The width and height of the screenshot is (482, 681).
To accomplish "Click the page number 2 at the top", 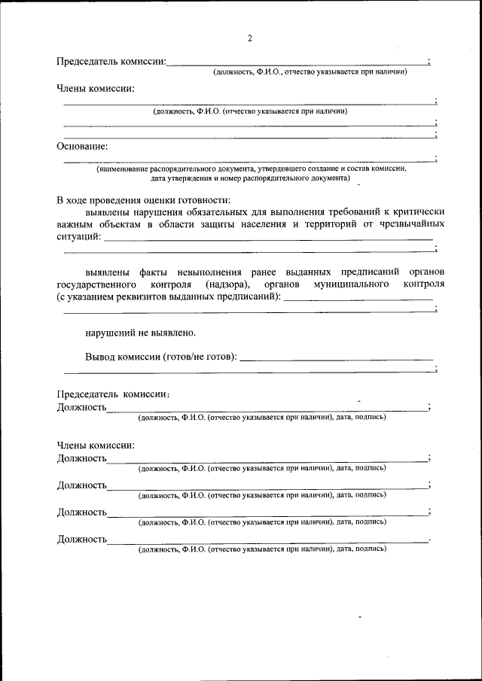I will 249,39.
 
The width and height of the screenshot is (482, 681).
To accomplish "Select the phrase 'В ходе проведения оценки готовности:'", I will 143,199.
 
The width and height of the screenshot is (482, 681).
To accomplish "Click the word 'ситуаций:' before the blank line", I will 78,236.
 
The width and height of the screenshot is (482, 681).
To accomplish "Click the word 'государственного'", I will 96,284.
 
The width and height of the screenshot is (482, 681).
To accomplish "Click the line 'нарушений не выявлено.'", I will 141,331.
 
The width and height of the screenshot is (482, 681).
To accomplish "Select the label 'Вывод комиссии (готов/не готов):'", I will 160,356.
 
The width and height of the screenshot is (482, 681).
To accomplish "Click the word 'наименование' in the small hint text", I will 124,169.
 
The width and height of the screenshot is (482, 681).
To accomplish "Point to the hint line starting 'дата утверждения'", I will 250,179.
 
